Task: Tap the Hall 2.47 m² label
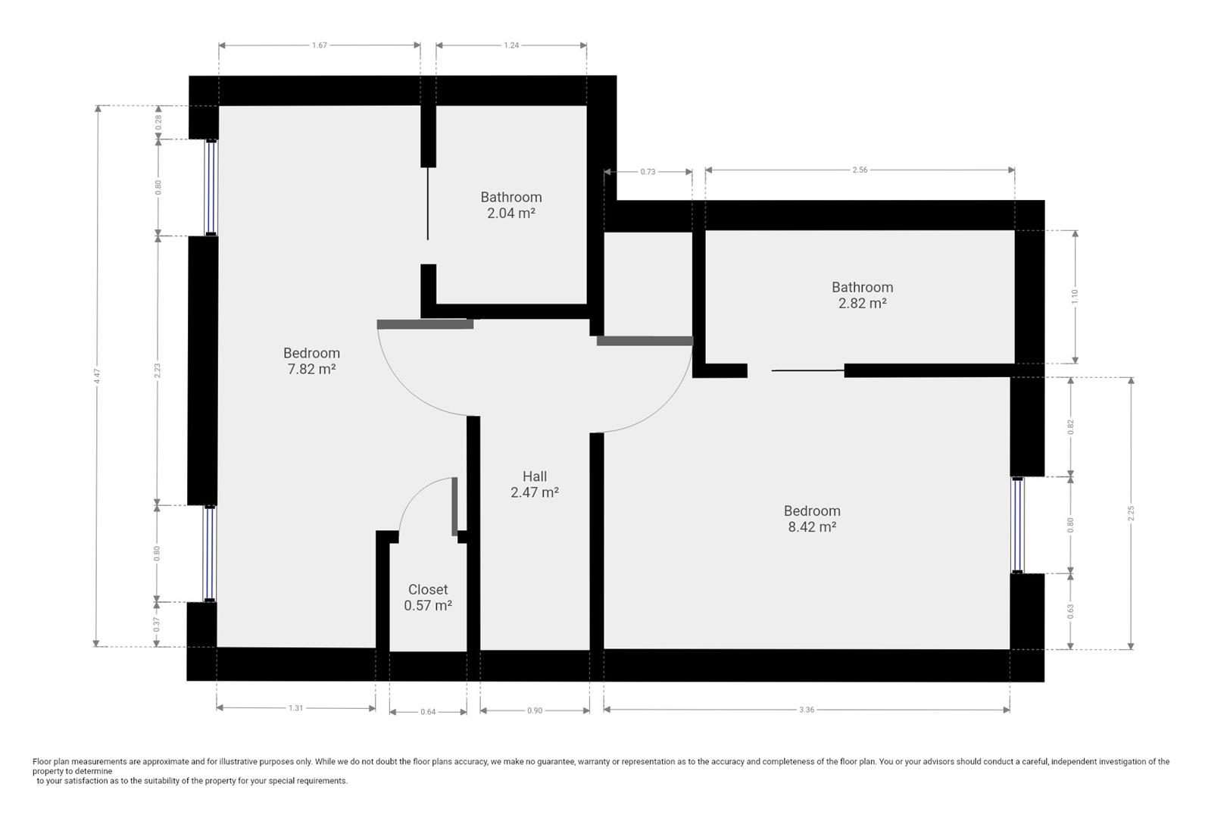[x=534, y=484]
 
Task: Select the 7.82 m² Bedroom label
[x=311, y=361]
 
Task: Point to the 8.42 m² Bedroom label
[x=812, y=519]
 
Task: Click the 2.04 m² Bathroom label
[x=511, y=204]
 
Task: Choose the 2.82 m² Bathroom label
[x=862, y=295]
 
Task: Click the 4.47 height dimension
[x=97, y=376]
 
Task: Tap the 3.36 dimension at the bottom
[x=807, y=710]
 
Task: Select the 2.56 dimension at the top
[x=860, y=170]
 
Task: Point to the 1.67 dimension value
[x=320, y=45]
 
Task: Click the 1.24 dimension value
[x=511, y=45]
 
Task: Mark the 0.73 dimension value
[x=648, y=172]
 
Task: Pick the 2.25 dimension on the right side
[x=1131, y=513]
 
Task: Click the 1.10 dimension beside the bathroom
[x=1075, y=296]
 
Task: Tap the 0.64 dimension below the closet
[x=428, y=711]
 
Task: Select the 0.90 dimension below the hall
[x=535, y=710]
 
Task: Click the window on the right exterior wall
[x=1017, y=525]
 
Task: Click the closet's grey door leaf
[x=454, y=506]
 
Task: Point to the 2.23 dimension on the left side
[x=158, y=370]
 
